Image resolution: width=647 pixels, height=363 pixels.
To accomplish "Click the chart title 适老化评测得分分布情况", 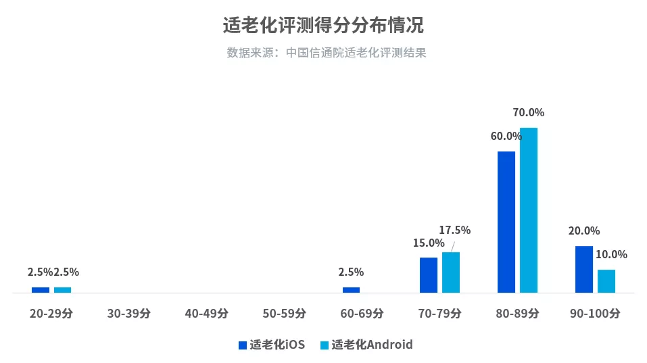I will click(323, 26).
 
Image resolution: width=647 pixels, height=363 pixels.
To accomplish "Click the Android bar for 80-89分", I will click(528, 210).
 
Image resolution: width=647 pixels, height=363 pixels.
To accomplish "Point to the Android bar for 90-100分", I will click(606, 281).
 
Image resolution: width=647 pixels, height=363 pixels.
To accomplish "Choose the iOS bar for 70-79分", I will click(428, 275).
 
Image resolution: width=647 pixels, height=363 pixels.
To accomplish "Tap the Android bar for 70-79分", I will click(450, 272).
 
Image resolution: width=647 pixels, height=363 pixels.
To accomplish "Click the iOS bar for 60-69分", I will click(351, 290).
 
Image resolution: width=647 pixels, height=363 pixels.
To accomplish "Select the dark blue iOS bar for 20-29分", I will click(41, 290).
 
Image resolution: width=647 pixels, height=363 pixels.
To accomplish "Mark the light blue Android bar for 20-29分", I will click(62, 290).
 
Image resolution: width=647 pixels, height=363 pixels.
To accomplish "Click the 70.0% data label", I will click(528, 113).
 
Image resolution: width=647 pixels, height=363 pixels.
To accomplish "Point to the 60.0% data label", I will click(506, 137).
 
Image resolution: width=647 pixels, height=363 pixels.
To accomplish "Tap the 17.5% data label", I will click(454, 231).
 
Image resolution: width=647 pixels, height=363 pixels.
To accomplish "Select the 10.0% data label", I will click(611, 255).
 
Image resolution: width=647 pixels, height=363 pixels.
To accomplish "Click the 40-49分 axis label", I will click(207, 314).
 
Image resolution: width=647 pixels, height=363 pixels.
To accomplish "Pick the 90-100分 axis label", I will click(594, 314).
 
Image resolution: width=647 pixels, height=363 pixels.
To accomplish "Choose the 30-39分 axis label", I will click(129, 314).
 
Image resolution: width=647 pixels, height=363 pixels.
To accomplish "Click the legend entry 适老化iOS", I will click(272, 345).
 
